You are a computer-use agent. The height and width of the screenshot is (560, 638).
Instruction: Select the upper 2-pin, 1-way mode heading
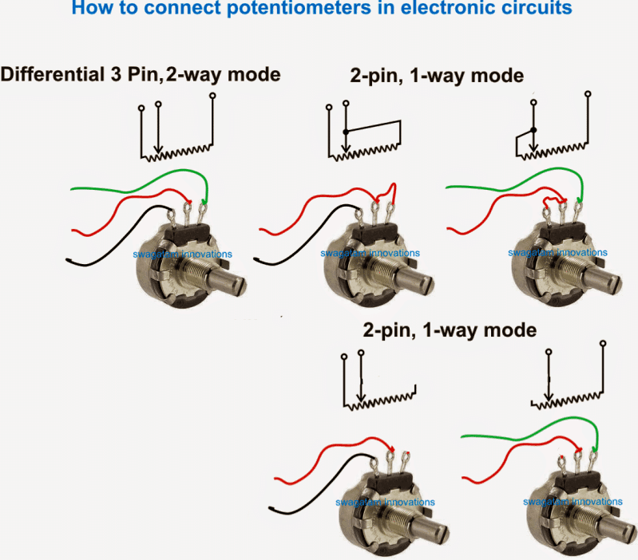point(436,77)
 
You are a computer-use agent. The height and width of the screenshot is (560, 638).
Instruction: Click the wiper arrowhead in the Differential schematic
point(158,147)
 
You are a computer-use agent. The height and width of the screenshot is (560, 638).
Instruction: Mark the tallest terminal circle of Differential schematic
point(212,96)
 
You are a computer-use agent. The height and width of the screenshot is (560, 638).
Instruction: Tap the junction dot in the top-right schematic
point(533,129)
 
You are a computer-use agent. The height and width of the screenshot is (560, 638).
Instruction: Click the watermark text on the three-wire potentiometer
point(183,254)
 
